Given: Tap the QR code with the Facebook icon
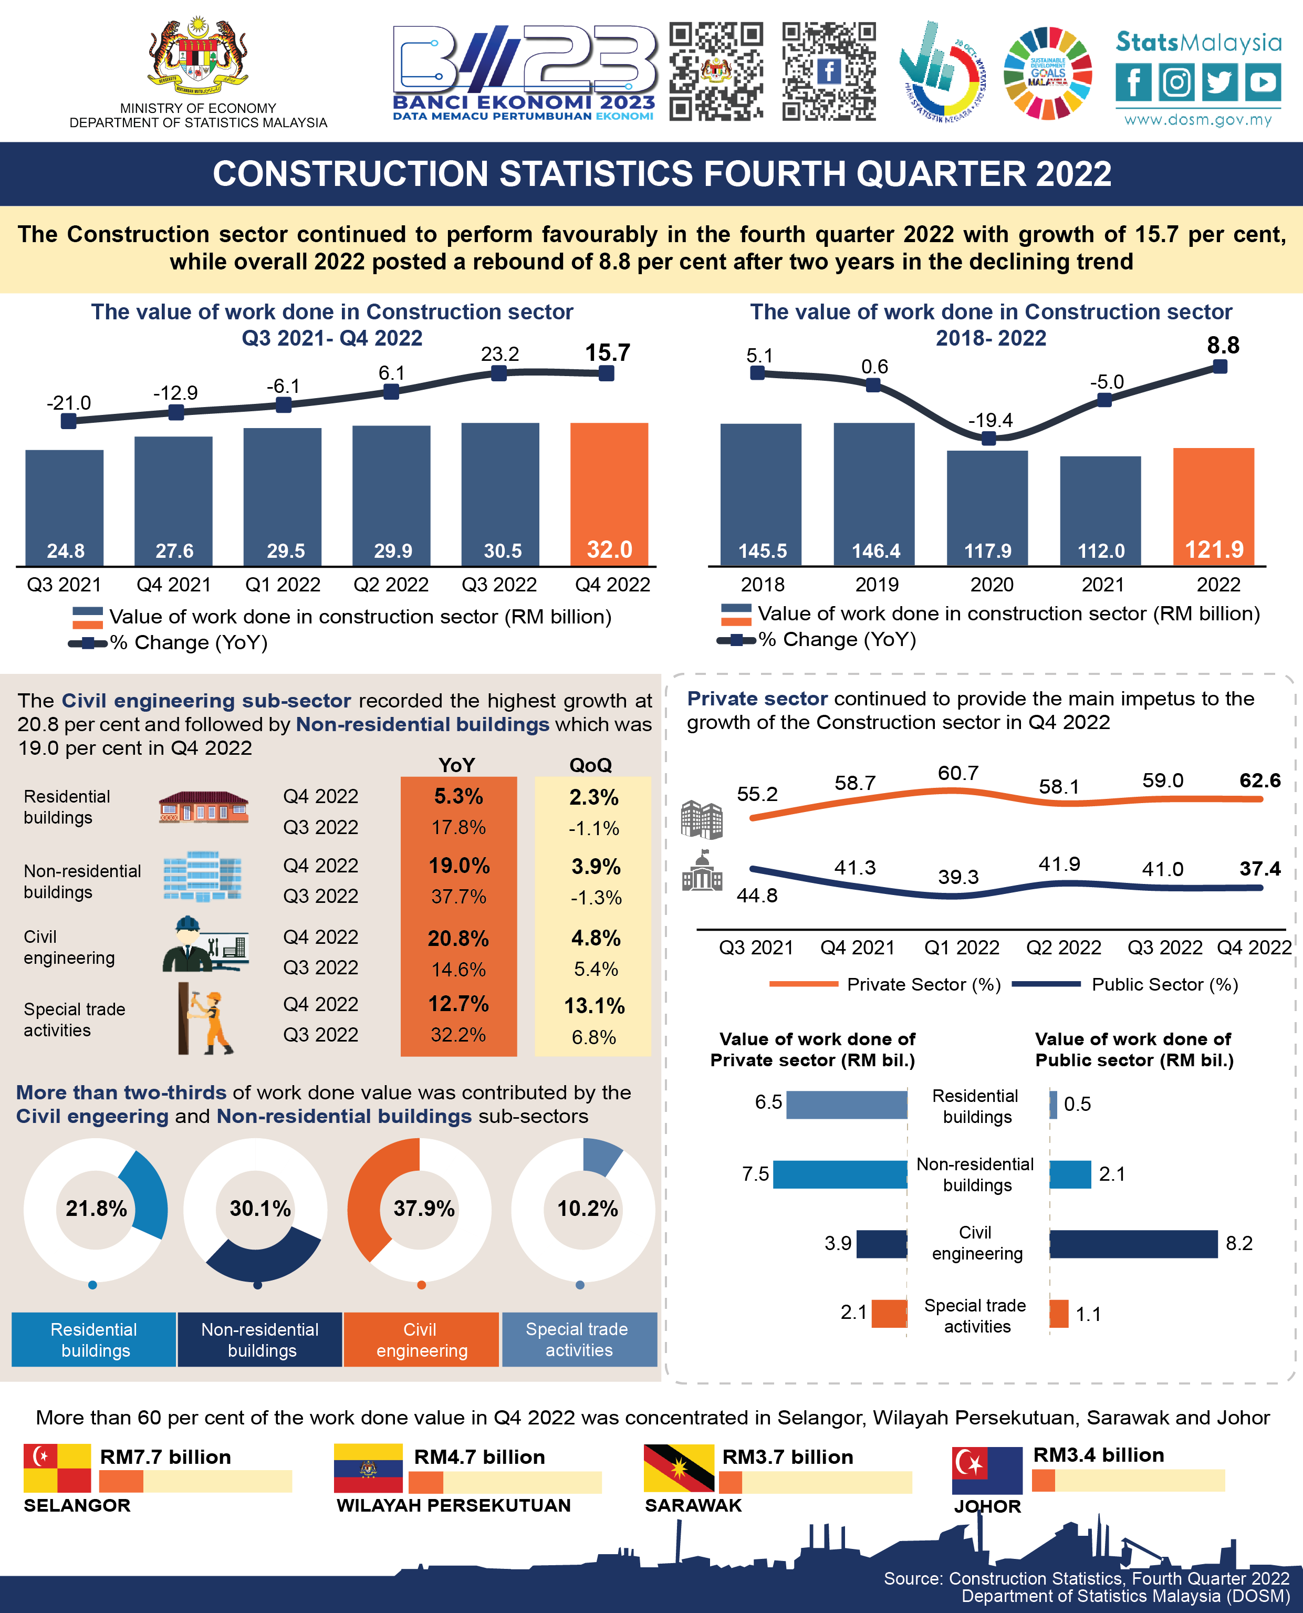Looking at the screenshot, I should click(x=829, y=71).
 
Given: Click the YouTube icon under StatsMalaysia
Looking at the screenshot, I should click(x=1263, y=82).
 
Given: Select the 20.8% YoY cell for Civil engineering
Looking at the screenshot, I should click(x=458, y=938).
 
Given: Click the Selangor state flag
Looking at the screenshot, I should click(x=57, y=1468).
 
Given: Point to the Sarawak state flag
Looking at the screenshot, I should click(x=679, y=1468).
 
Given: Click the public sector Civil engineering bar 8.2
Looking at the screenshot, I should click(x=1133, y=1244).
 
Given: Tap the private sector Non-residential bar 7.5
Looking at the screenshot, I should click(x=840, y=1174).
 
